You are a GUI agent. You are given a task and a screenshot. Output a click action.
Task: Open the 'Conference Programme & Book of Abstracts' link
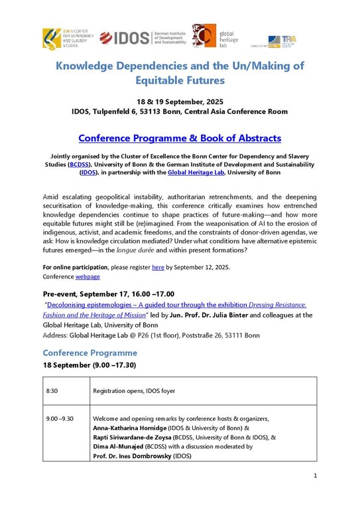click(180, 139)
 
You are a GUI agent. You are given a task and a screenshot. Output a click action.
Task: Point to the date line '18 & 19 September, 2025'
click(180, 101)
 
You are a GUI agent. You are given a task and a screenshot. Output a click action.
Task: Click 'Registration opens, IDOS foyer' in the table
click(134, 391)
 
